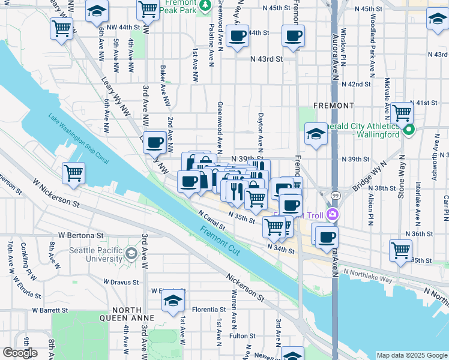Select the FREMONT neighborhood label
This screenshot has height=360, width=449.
pyautogui.click(x=334, y=106)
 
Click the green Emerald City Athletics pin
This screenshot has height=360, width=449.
pyautogui.click(x=409, y=130)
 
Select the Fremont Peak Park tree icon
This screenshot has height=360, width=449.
pyautogui.click(x=205, y=5)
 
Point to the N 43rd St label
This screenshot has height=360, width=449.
pyautogui.click(x=267, y=59)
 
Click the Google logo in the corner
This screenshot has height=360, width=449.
pyautogui.click(x=20, y=353)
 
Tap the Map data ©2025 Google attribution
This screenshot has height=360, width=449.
pyautogui.click(x=412, y=355)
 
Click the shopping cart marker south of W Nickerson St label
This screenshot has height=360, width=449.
pyautogui.click(x=73, y=173)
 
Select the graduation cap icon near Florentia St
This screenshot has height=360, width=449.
pyautogui.click(x=173, y=301)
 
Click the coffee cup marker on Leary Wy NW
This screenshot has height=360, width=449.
pyautogui.click(x=155, y=142)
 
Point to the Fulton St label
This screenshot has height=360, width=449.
pyautogui.click(x=238, y=336)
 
